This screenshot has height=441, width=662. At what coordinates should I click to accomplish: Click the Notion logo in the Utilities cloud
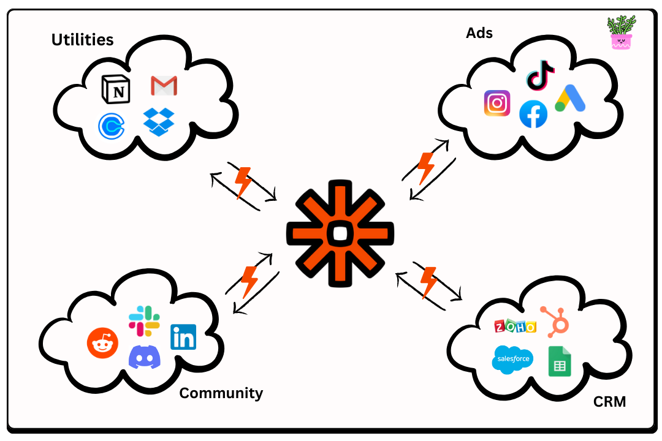click(116, 89)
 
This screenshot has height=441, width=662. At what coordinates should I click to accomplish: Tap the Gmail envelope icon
click(164, 86)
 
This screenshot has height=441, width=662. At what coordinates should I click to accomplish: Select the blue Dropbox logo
click(159, 121)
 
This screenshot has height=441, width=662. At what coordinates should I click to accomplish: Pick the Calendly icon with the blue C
click(112, 126)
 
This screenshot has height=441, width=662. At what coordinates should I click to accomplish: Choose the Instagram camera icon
click(497, 103)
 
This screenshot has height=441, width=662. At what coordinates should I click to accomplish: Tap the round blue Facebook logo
click(533, 115)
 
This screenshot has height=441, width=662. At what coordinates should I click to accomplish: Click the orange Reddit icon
click(102, 343)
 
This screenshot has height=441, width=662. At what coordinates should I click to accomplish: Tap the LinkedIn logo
click(183, 337)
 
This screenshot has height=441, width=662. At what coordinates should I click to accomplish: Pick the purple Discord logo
click(145, 357)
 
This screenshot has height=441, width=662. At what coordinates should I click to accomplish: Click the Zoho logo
click(515, 326)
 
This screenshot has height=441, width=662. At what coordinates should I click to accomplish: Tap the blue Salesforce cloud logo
click(512, 359)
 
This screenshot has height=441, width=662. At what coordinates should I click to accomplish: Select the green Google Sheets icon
click(559, 361)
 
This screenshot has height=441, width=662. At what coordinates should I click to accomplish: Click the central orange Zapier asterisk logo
click(340, 233)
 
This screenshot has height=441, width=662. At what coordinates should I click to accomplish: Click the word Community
click(221, 393)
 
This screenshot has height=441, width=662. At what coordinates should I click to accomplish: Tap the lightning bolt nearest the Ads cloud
click(425, 168)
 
